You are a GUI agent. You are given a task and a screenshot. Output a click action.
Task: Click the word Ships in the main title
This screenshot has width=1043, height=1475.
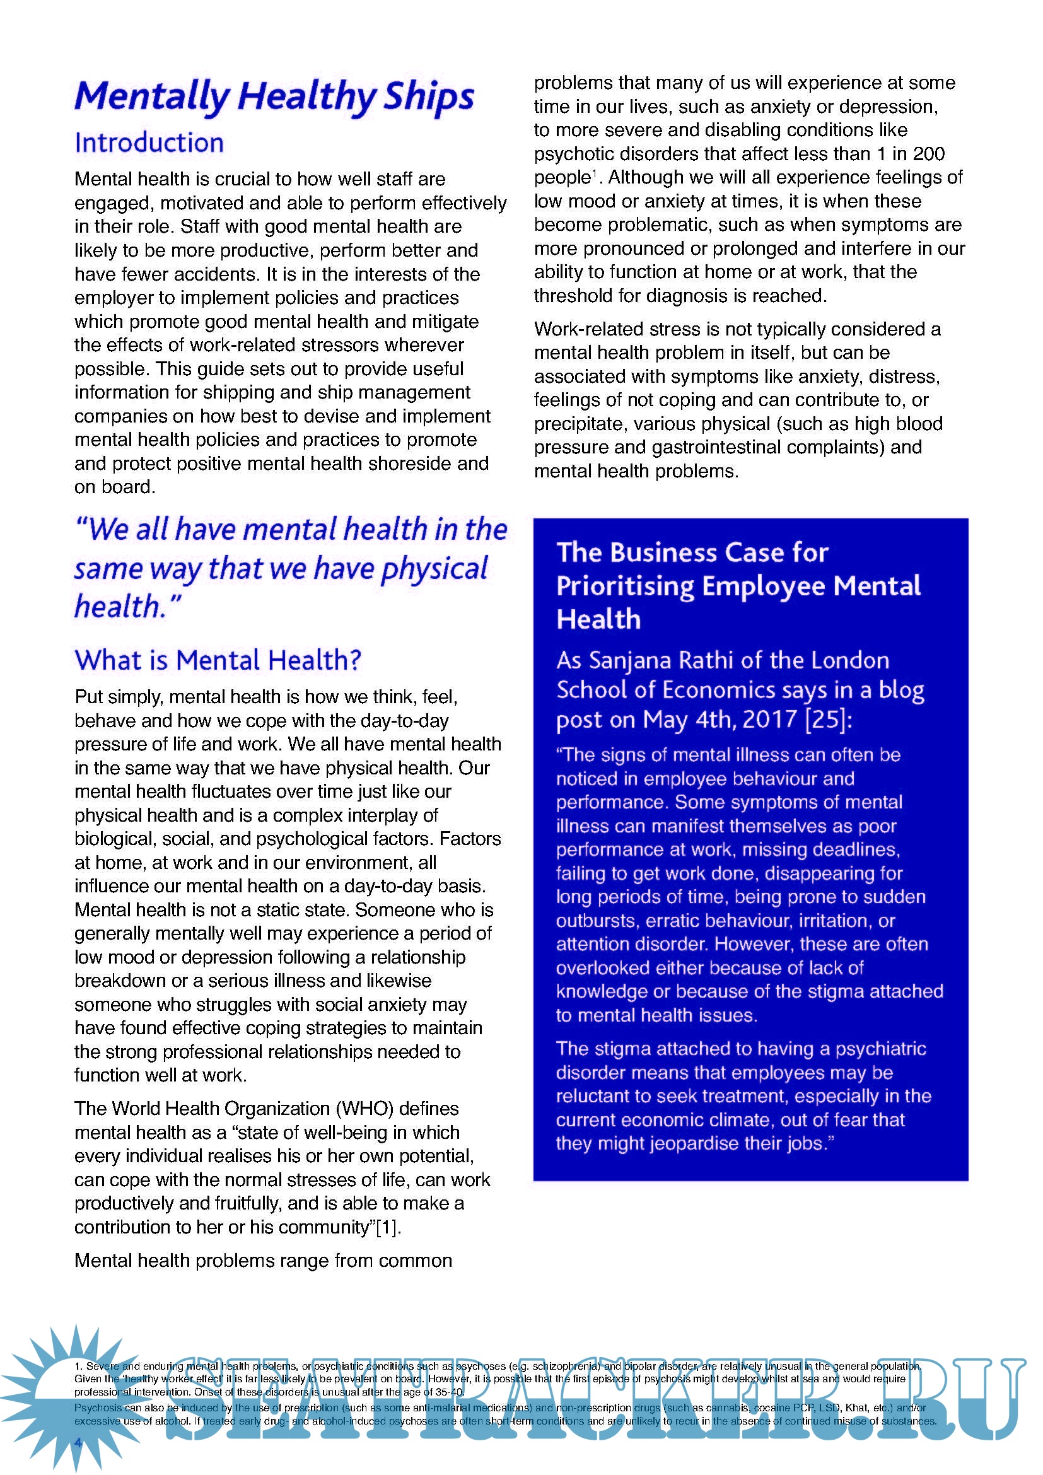click(428, 98)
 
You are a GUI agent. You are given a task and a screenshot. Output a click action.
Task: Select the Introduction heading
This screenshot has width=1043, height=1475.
click(149, 143)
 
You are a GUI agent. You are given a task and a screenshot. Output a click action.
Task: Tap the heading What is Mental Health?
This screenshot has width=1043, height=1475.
click(218, 660)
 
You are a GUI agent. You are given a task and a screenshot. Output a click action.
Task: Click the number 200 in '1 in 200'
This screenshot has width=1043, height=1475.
click(928, 154)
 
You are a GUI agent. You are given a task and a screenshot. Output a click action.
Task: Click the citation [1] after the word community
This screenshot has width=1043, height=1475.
click(387, 1228)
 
